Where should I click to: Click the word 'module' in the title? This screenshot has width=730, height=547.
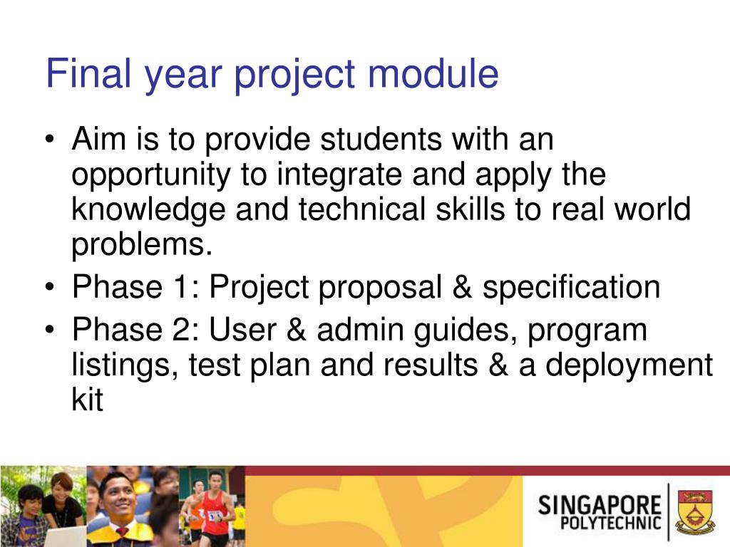coord(433,73)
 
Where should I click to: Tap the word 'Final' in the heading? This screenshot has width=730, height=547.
coord(88,73)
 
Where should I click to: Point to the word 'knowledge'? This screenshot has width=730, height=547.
coord(148,209)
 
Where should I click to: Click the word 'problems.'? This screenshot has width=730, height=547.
coord(142,245)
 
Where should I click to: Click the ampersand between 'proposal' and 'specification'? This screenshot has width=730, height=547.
coord(462,286)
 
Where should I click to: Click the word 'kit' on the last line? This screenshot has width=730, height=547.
coord(87,399)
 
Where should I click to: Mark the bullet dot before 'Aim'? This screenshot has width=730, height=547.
coord(50,140)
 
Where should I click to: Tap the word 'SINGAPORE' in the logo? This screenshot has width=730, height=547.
coord(599,505)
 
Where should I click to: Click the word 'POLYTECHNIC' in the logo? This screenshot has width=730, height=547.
coord(610,523)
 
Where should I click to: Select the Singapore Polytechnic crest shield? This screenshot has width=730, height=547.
coord(696,511)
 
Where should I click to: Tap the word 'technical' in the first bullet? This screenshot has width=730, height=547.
coord(362,209)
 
